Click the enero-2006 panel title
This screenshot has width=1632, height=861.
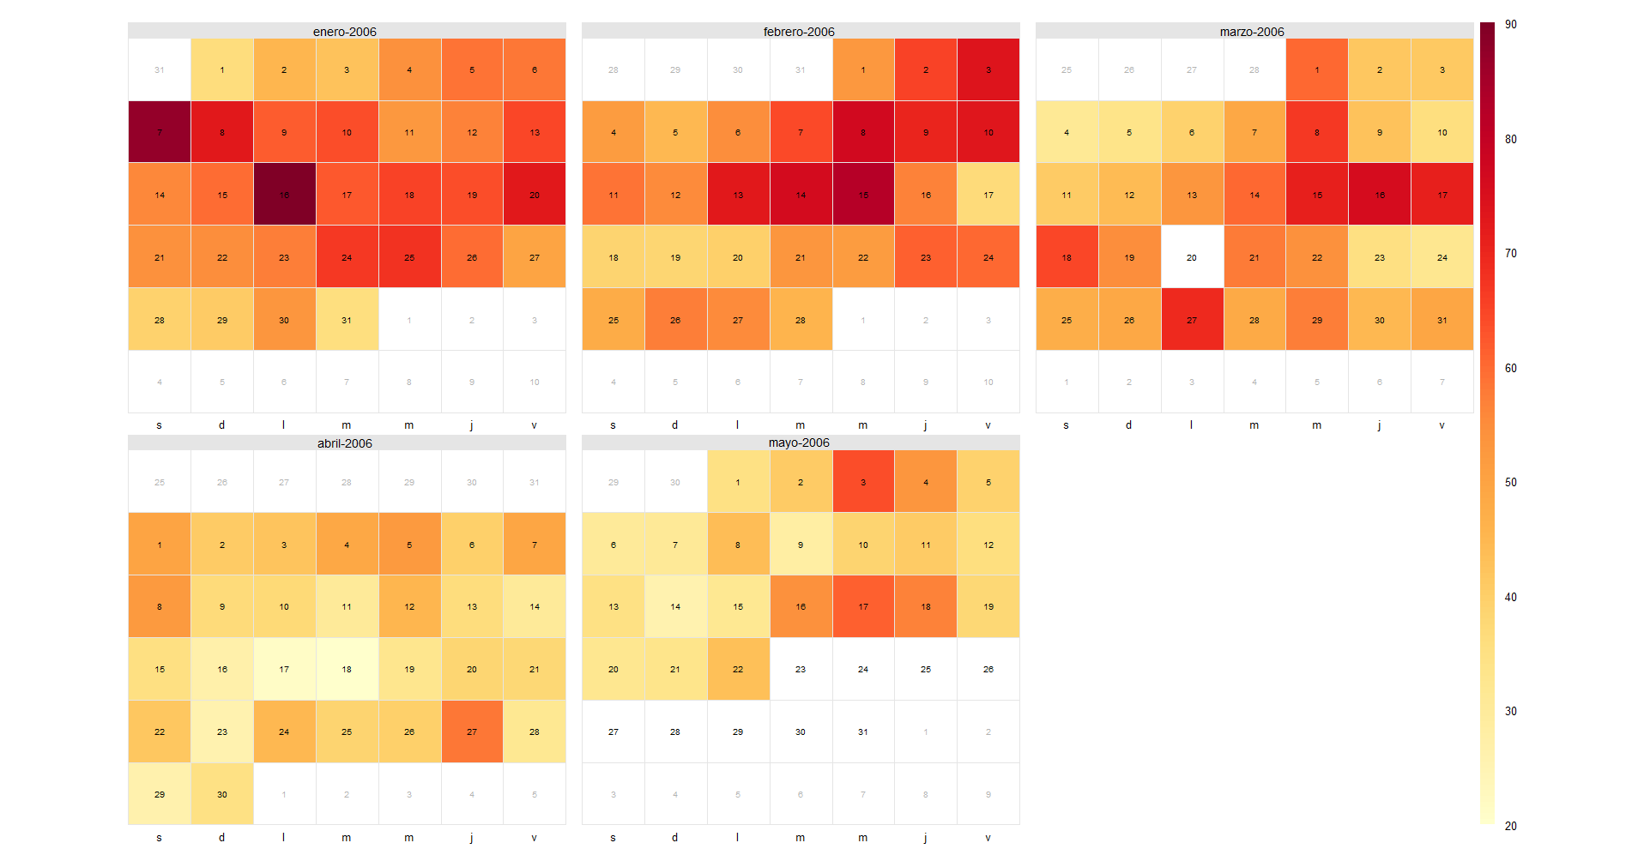click(345, 32)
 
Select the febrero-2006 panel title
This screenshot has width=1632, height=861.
click(799, 32)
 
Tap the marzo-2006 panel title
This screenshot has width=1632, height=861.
click(1252, 32)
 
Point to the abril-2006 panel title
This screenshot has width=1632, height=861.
click(345, 443)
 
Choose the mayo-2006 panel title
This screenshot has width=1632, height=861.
click(799, 443)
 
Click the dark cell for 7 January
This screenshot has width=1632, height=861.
click(160, 132)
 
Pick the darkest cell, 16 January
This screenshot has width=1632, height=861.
click(284, 195)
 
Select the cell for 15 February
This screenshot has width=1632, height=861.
click(863, 195)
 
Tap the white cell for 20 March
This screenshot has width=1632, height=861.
click(1192, 257)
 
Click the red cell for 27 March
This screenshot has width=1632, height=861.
click(1192, 320)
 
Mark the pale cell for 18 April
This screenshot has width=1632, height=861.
click(347, 669)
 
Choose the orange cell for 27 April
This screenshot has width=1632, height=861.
click(472, 732)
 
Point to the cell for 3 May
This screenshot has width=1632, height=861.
click(863, 482)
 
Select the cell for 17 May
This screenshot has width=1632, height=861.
click(863, 606)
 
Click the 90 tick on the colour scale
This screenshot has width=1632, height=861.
click(1510, 25)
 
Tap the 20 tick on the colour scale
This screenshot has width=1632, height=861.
click(1510, 826)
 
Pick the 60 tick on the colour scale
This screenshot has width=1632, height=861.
click(1510, 368)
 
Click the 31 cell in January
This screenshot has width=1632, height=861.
click(347, 320)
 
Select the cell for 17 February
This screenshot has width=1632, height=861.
click(988, 195)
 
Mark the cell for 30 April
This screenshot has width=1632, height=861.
click(222, 794)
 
